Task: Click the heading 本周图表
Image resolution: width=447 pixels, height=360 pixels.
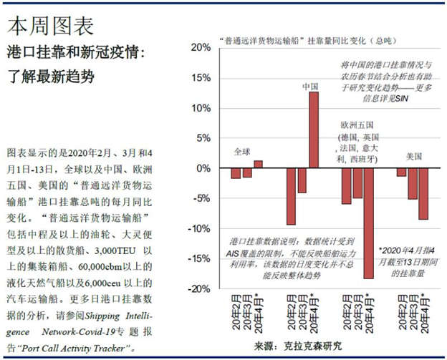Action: coord(50,26)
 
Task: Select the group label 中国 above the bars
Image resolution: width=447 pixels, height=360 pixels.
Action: coord(310,87)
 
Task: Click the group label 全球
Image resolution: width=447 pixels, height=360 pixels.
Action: coord(243,152)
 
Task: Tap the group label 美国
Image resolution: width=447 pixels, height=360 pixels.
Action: coord(413,155)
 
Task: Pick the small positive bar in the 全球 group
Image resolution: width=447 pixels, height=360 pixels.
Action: coord(258,164)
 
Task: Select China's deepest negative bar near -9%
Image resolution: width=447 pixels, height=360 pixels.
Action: coord(291,196)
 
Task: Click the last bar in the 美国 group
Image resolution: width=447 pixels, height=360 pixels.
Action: coord(423,194)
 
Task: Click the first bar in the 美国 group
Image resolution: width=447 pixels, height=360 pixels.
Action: coord(401,172)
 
